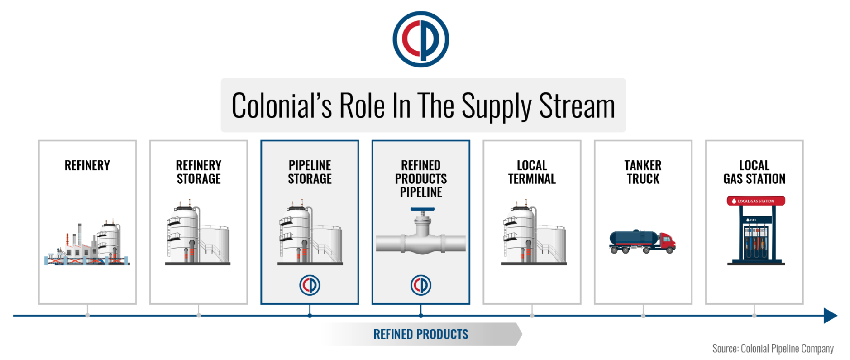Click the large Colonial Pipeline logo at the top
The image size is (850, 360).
(x=420, y=39)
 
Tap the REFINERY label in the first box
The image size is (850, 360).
(x=87, y=165)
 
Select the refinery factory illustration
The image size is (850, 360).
(x=87, y=243)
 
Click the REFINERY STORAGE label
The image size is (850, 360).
(x=199, y=172)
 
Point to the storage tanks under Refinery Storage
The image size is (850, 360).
(x=198, y=232)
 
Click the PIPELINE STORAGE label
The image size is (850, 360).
(x=310, y=172)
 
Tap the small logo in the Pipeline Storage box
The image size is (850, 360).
(x=310, y=285)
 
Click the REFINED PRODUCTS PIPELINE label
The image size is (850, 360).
(x=421, y=179)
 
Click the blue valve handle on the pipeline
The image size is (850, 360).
(x=422, y=210)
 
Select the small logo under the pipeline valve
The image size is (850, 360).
(x=421, y=285)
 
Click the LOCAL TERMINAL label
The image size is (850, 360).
(x=532, y=172)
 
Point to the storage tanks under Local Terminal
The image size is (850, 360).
(x=534, y=232)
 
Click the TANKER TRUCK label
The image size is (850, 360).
(x=643, y=172)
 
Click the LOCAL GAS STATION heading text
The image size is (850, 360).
(x=754, y=172)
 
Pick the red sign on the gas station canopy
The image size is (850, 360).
(x=756, y=201)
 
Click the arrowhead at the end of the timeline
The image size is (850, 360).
(x=831, y=316)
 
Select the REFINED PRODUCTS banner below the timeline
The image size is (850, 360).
(x=421, y=334)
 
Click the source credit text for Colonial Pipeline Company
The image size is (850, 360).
(x=773, y=348)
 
